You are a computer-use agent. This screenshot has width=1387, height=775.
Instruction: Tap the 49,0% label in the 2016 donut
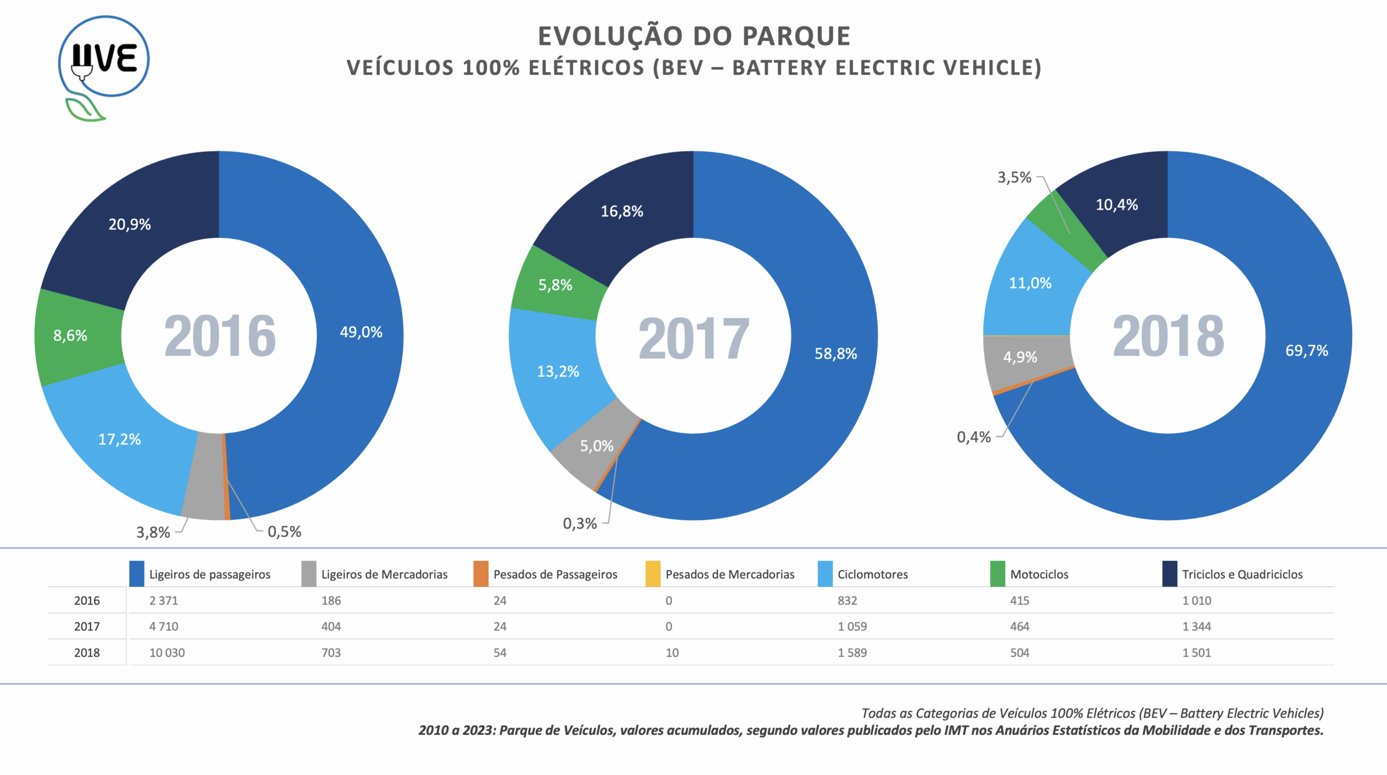pos(361,332)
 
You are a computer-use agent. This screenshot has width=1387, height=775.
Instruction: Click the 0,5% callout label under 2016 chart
pos(284,532)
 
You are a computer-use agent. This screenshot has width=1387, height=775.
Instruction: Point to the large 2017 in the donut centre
pos(693,339)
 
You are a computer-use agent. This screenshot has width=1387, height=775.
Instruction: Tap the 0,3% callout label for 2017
pos(580,524)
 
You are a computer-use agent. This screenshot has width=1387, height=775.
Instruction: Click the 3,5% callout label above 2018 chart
pos(1014,178)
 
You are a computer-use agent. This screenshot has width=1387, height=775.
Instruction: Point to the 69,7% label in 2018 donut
pos(1306,351)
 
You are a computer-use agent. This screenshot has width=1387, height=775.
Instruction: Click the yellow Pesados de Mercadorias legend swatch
pos(653,574)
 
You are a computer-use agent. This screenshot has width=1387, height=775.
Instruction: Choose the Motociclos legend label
pos(1039,574)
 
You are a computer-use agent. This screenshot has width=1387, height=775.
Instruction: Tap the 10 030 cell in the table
pos(167,653)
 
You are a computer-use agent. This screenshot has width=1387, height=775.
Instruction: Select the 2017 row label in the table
pos(87,627)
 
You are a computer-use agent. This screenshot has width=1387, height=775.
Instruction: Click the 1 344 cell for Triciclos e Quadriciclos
pos(1196,627)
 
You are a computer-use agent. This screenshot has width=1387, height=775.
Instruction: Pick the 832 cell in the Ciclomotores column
pos(847,600)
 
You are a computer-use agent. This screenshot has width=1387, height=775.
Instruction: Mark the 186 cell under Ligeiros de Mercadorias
pos(331,600)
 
